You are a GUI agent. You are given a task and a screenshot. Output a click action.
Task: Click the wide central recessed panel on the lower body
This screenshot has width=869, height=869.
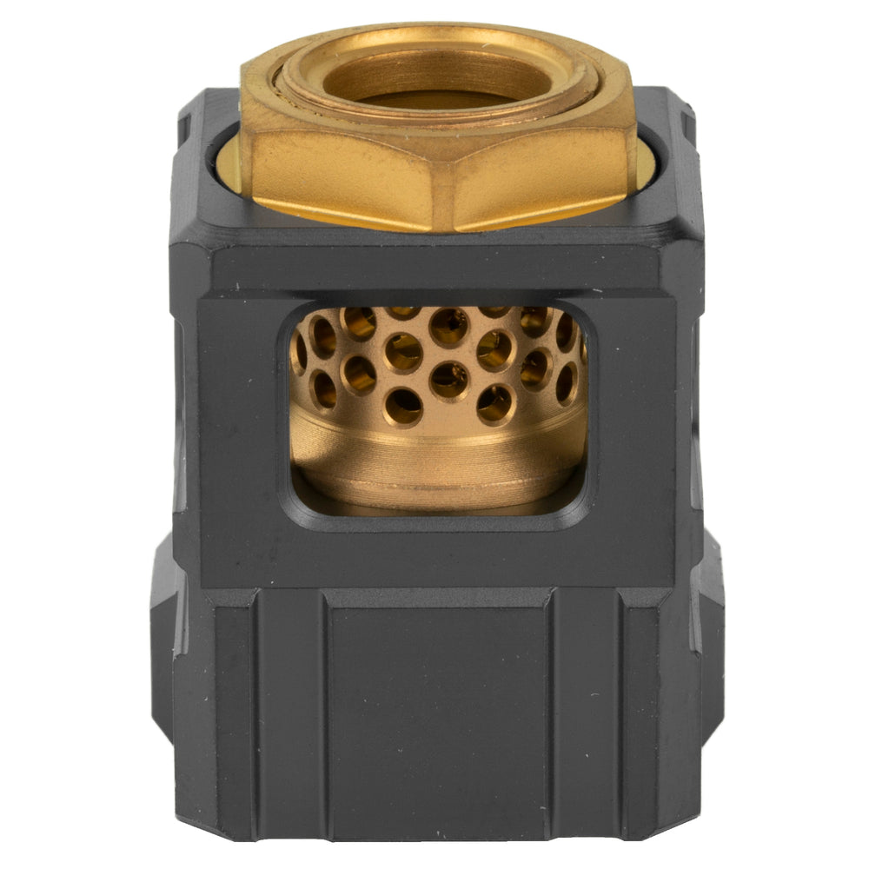tap(439, 713)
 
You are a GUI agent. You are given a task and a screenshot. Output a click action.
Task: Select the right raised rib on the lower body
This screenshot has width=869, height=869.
tap(587, 713)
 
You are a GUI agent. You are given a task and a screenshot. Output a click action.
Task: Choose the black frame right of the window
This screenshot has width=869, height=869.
tap(634, 417)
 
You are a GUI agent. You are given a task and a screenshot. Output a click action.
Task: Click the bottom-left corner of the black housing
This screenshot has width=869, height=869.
tap(187, 834)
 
